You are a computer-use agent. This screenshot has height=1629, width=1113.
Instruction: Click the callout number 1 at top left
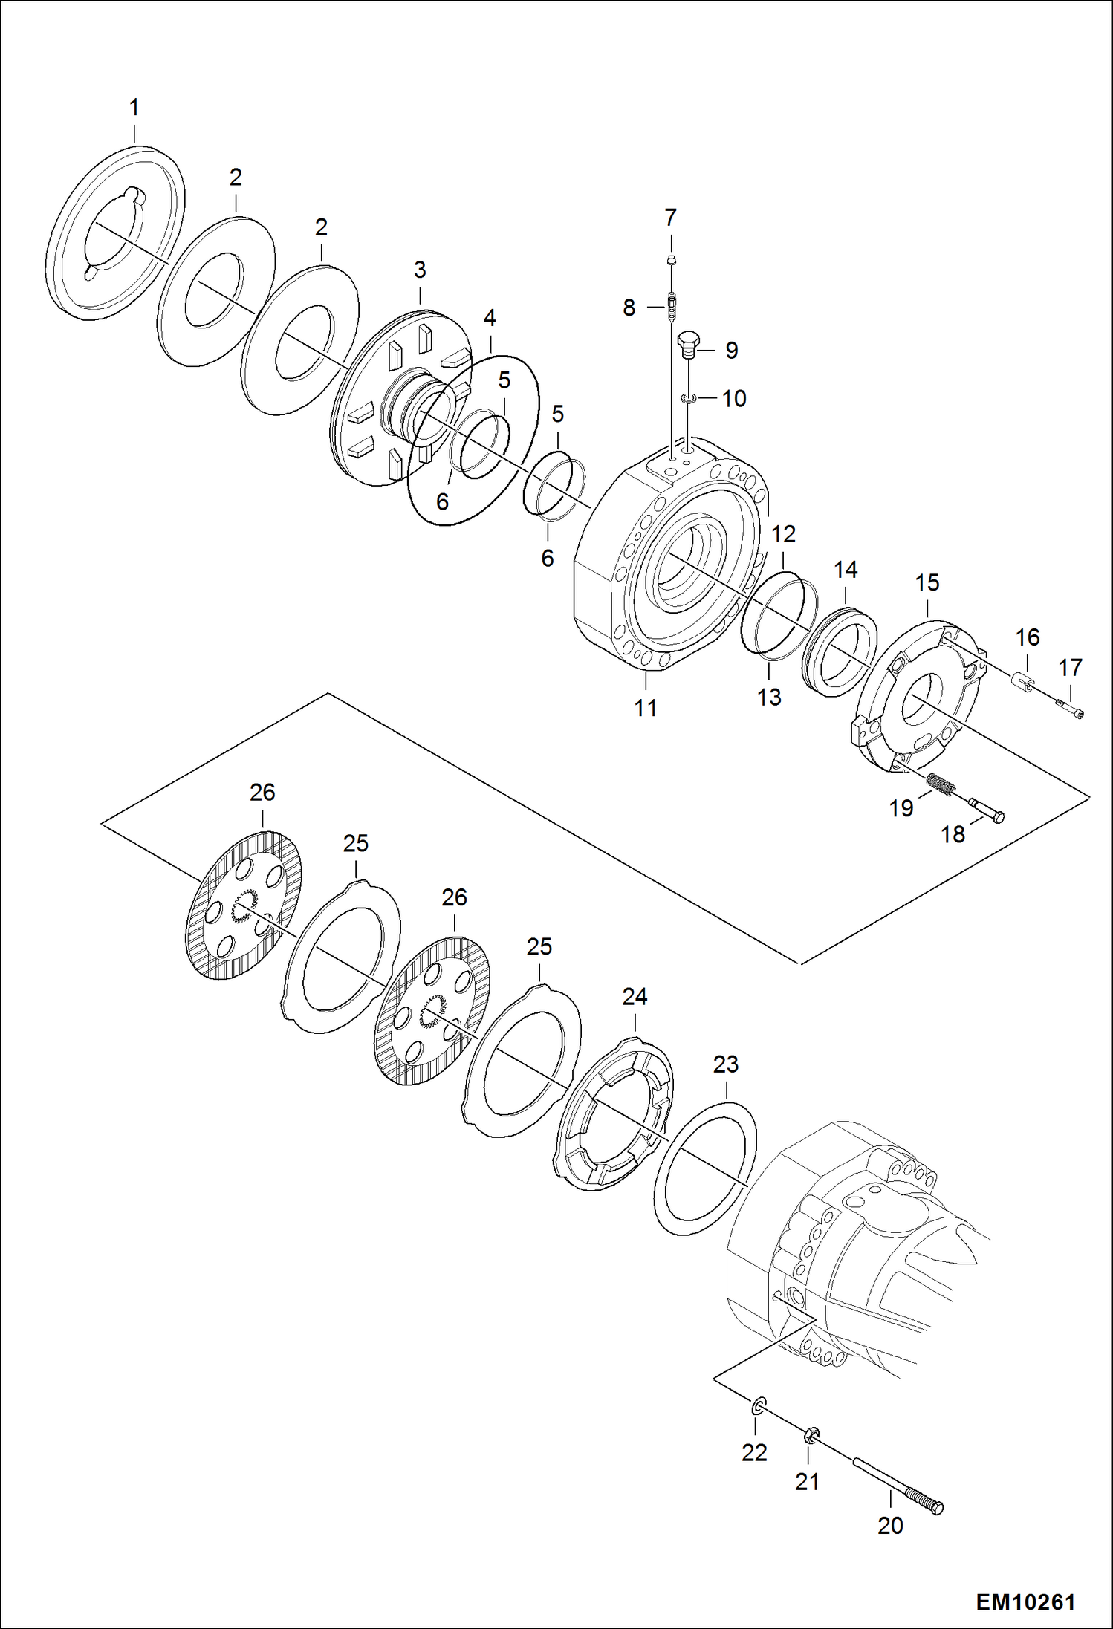(x=134, y=108)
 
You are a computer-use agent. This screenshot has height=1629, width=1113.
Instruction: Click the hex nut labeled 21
(x=811, y=1434)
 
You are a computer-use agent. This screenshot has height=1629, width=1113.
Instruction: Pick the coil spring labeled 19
(x=941, y=784)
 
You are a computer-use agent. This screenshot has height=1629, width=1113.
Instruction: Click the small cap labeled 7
(x=671, y=260)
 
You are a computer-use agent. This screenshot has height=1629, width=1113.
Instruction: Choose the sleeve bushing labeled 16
(x=1025, y=681)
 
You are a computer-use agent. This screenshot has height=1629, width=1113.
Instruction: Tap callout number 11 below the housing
(x=646, y=708)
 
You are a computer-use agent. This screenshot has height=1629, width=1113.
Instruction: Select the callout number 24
(x=635, y=997)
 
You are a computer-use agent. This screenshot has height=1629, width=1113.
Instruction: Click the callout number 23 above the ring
(x=725, y=1064)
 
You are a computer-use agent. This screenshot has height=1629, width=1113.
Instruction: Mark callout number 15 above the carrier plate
(x=927, y=583)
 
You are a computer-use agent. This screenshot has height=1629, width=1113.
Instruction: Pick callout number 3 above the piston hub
(x=420, y=270)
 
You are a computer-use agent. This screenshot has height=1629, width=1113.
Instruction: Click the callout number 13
(x=769, y=697)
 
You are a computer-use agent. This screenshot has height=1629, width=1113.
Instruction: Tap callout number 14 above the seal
(x=846, y=570)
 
